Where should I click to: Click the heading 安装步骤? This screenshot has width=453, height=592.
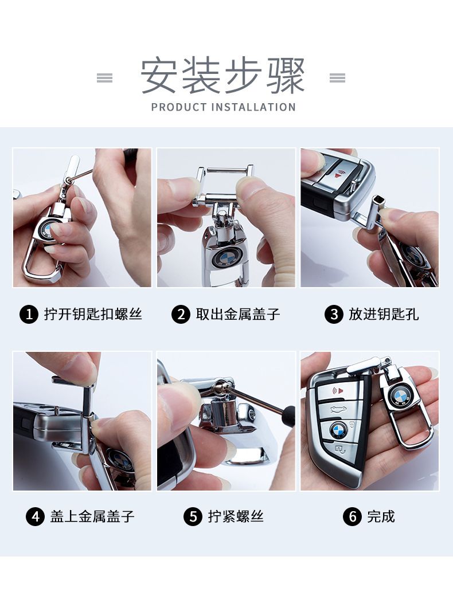(x=222, y=76)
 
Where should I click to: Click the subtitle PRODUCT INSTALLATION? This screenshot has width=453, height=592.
(x=223, y=107)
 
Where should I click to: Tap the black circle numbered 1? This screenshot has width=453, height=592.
(x=29, y=315)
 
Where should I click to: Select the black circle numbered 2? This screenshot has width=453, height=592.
(x=181, y=315)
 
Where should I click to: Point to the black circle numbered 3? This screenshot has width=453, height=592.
(x=334, y=315)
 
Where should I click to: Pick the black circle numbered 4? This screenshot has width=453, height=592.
(x=35, y=516)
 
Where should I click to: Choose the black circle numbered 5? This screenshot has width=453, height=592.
(x=193, y=516)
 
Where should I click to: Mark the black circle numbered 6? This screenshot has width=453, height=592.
(x=352, y=516)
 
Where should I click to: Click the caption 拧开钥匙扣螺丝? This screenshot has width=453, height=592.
(x=93, y=314)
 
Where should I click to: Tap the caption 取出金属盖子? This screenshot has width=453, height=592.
(x=238, y=314)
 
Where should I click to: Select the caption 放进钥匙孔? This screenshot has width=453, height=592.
(x=384, y=314)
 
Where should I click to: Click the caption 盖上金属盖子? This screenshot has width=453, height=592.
(x=92, y=516)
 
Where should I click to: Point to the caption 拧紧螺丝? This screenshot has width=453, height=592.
(x=236, y=516)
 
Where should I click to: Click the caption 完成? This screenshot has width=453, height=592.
(x=381, y=516)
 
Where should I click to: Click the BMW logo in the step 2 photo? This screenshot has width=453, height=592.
(x=224, y=258)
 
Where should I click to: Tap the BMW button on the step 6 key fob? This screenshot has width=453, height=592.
(x=338, y=430)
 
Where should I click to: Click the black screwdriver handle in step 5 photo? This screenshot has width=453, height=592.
(x=290, y=415)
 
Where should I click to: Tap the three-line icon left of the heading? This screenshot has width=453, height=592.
(x=105, y=78)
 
